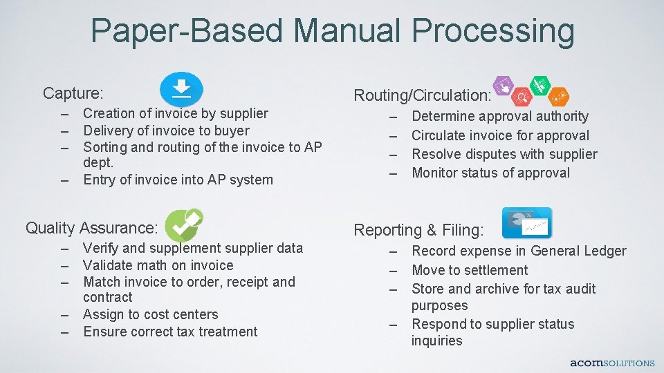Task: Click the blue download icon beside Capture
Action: pos(181,89)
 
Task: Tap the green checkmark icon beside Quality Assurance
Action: pos(183,224)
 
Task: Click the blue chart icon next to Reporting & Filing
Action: pos(527,223)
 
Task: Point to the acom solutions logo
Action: pos(611,363)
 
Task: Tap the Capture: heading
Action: pos(73,93)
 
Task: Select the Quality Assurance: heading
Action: pos(92,228)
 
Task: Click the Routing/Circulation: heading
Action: pos(423,95)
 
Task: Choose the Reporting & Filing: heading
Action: pos(419,230)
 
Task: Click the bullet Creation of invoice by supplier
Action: pos(175,113)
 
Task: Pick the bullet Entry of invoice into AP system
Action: pos(178,180)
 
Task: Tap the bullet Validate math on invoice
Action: pos(158,265)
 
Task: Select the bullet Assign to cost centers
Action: pos(150,314)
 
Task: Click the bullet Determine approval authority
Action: pos(499,117)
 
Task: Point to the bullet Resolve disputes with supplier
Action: pos(504,154)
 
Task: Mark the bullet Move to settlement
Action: pos(469,270)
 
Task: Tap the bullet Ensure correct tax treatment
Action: pos(169,332)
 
